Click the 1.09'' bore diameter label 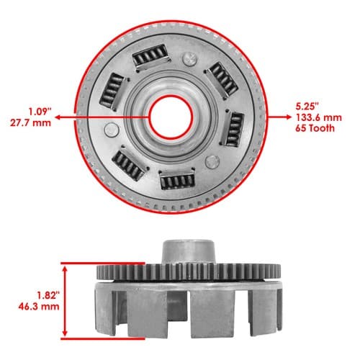[40, 112]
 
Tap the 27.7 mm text [30, 123]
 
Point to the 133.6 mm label [319, 117]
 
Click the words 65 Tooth [315, 128]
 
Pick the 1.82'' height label [48, 295]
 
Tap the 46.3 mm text [39, 307]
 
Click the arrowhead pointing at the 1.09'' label [58, 117]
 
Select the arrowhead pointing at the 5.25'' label [288, 117]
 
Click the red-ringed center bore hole [171, 117]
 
